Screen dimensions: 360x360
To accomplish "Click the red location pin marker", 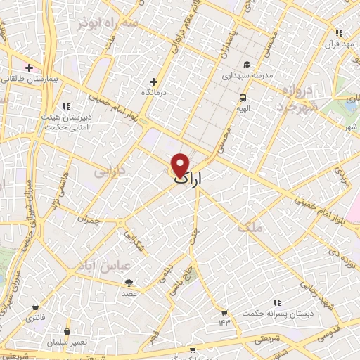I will pos(181,165).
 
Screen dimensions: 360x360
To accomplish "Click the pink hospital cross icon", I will pos(29,67).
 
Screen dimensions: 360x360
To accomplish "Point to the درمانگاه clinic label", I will pos(154,92).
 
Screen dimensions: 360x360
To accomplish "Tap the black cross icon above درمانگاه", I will pos(154,82).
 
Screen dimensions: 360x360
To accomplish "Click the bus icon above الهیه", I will pos(243,98).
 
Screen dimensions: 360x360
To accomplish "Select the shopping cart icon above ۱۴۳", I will pos(224,312).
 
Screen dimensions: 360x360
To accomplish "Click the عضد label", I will pos(130,293).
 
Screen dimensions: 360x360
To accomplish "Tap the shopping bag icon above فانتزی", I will pos(35,307).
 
